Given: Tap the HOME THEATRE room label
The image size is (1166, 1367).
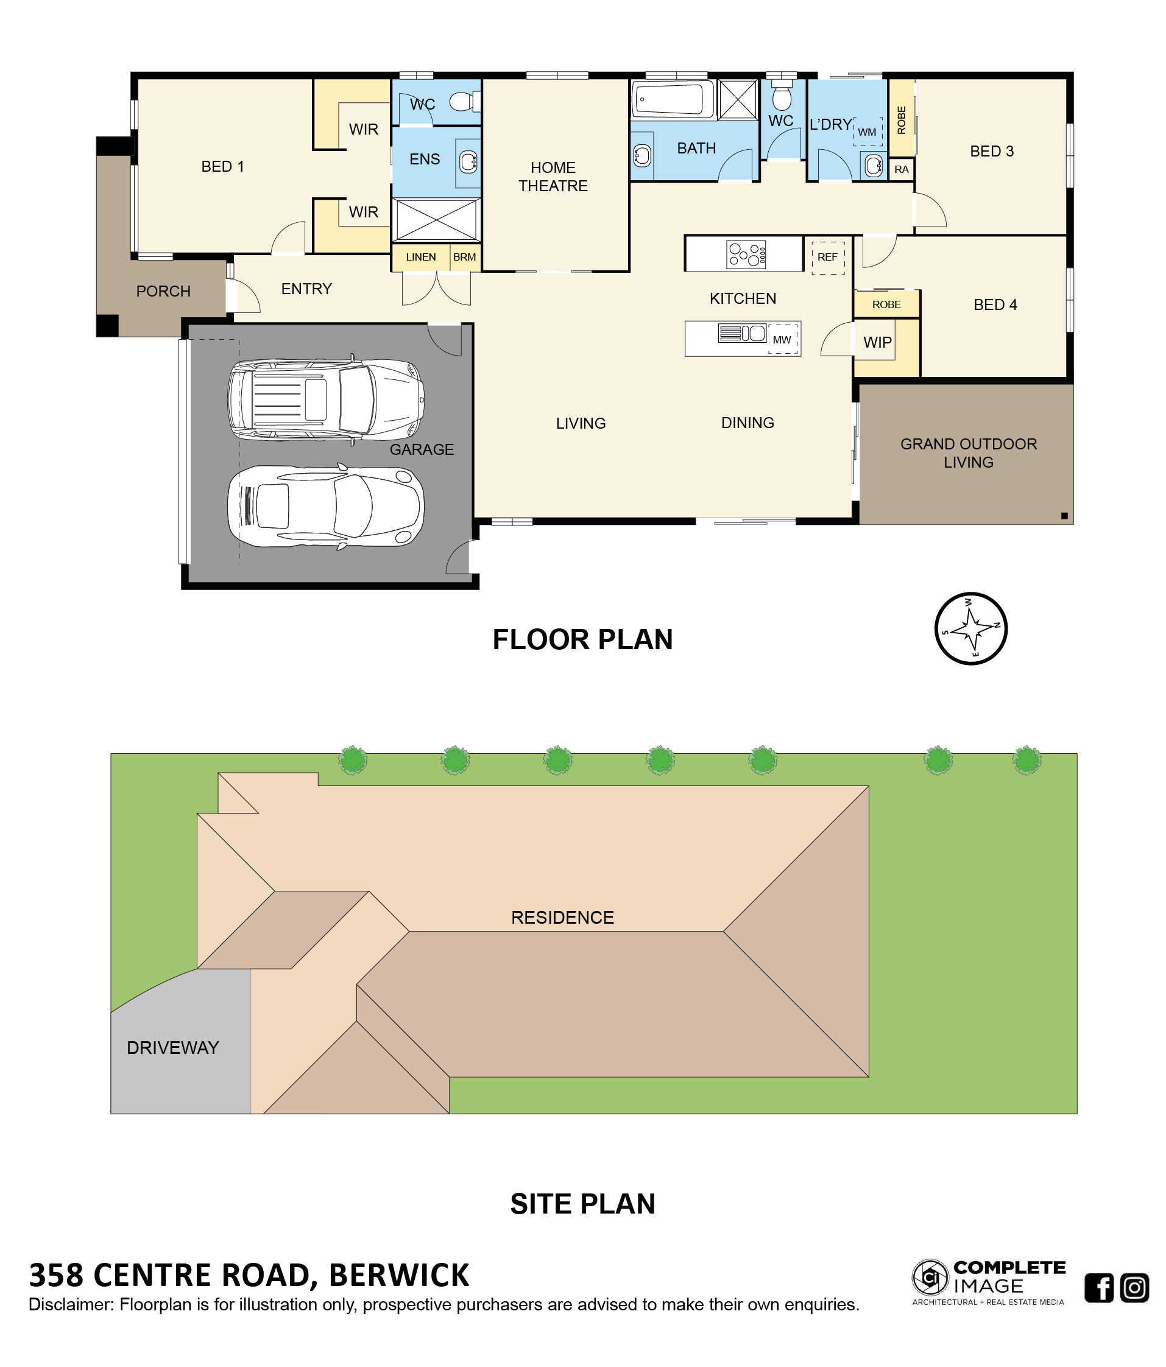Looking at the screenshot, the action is pos(553,177).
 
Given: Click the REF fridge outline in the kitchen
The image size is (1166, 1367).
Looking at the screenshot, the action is pos(827,256).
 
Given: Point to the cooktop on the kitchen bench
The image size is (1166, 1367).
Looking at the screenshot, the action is pos(746,254).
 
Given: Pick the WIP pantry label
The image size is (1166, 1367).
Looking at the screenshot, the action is pos(877,342).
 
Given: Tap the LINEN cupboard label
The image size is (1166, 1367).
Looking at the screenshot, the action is pos(420,258).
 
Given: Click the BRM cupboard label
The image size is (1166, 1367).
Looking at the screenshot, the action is pos(465,258).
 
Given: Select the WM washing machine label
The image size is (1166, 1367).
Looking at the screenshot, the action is pos(867,133).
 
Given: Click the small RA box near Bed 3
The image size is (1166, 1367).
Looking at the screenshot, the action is pos(902,169).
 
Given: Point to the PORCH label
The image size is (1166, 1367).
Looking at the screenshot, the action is pos(163,291).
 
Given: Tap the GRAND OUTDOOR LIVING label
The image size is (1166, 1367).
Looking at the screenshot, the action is pos(968,453).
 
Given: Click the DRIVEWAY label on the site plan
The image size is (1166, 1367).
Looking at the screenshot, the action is pos(172,1048).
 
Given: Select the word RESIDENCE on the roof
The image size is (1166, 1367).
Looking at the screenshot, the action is pos(562,917).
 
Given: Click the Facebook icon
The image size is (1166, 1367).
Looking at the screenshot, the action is pos(1099,1287).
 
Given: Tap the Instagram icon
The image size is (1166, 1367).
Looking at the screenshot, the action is pos(1134,1287).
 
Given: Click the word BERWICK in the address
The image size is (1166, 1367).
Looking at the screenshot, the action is pos(398,1274).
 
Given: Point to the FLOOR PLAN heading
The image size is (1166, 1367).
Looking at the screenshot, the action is pos(582,639).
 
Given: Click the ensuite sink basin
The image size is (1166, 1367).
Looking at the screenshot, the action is pos(468,161).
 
